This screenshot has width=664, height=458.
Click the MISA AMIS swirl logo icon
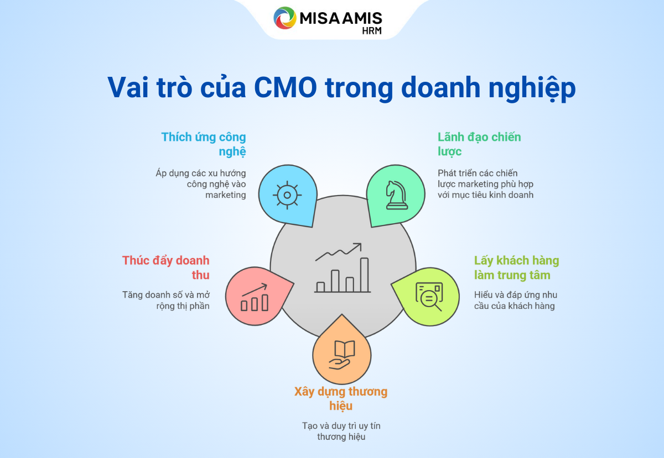coord(284,18)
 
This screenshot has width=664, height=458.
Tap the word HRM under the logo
coord(372,30)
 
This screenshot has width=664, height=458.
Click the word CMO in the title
coord(286,87)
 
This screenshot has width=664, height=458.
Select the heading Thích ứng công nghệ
coord(204,144)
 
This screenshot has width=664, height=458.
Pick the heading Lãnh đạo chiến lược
coord(479,144)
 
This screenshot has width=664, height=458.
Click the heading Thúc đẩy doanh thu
coord(165,267)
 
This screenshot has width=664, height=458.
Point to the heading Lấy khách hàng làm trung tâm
coord(516,267)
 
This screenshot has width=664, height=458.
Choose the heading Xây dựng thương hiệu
coord(341,398)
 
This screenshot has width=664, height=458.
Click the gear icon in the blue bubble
coord(287,195)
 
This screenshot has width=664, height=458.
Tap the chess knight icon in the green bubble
coord(397,195)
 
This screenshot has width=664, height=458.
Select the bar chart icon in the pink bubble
coord(255,297)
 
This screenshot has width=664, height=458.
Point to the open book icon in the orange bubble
coord(344,349)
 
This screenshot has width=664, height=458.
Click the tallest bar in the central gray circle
coord(364,275)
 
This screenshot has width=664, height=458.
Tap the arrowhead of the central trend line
coord(357,246)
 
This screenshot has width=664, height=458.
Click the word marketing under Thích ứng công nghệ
coord(226,195)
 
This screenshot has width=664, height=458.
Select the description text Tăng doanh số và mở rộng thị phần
coord(166,300)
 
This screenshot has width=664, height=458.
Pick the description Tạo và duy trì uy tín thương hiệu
coord(341,431)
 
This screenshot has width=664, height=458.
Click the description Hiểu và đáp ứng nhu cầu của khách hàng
coord(516,300)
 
